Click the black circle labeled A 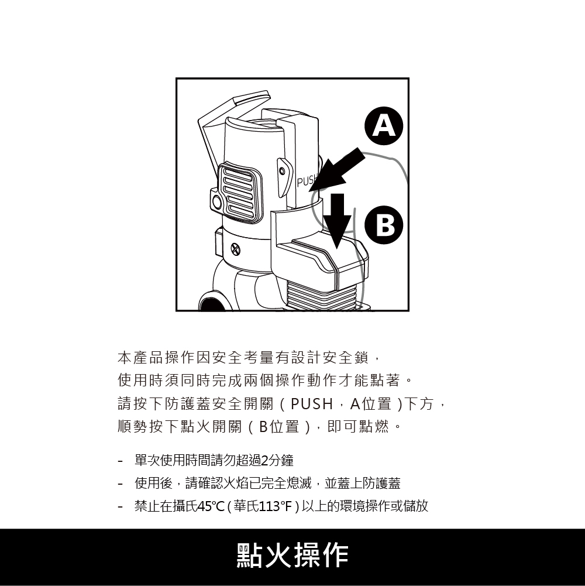click(x=384, y=126)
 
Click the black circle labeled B click(x=384, y=225)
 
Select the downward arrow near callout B click(x=338, y=221)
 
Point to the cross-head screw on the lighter click(x=235, y=249)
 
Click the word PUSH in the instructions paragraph click(x=312, y=403)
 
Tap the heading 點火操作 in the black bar click(x=292, y=556)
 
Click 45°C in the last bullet click(x=211, y=506)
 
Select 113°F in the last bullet click(x=275, y=506)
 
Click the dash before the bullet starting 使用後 click(x=120, y=484)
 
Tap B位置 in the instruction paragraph click(x=279, y=426)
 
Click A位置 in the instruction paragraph click(x=371, y=403)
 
